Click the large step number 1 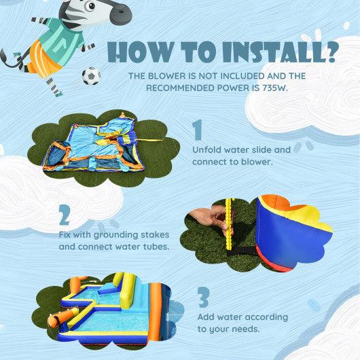(x=198, y=130)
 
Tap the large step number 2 (x=65, y=215)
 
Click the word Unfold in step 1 (x=207, y=149)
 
